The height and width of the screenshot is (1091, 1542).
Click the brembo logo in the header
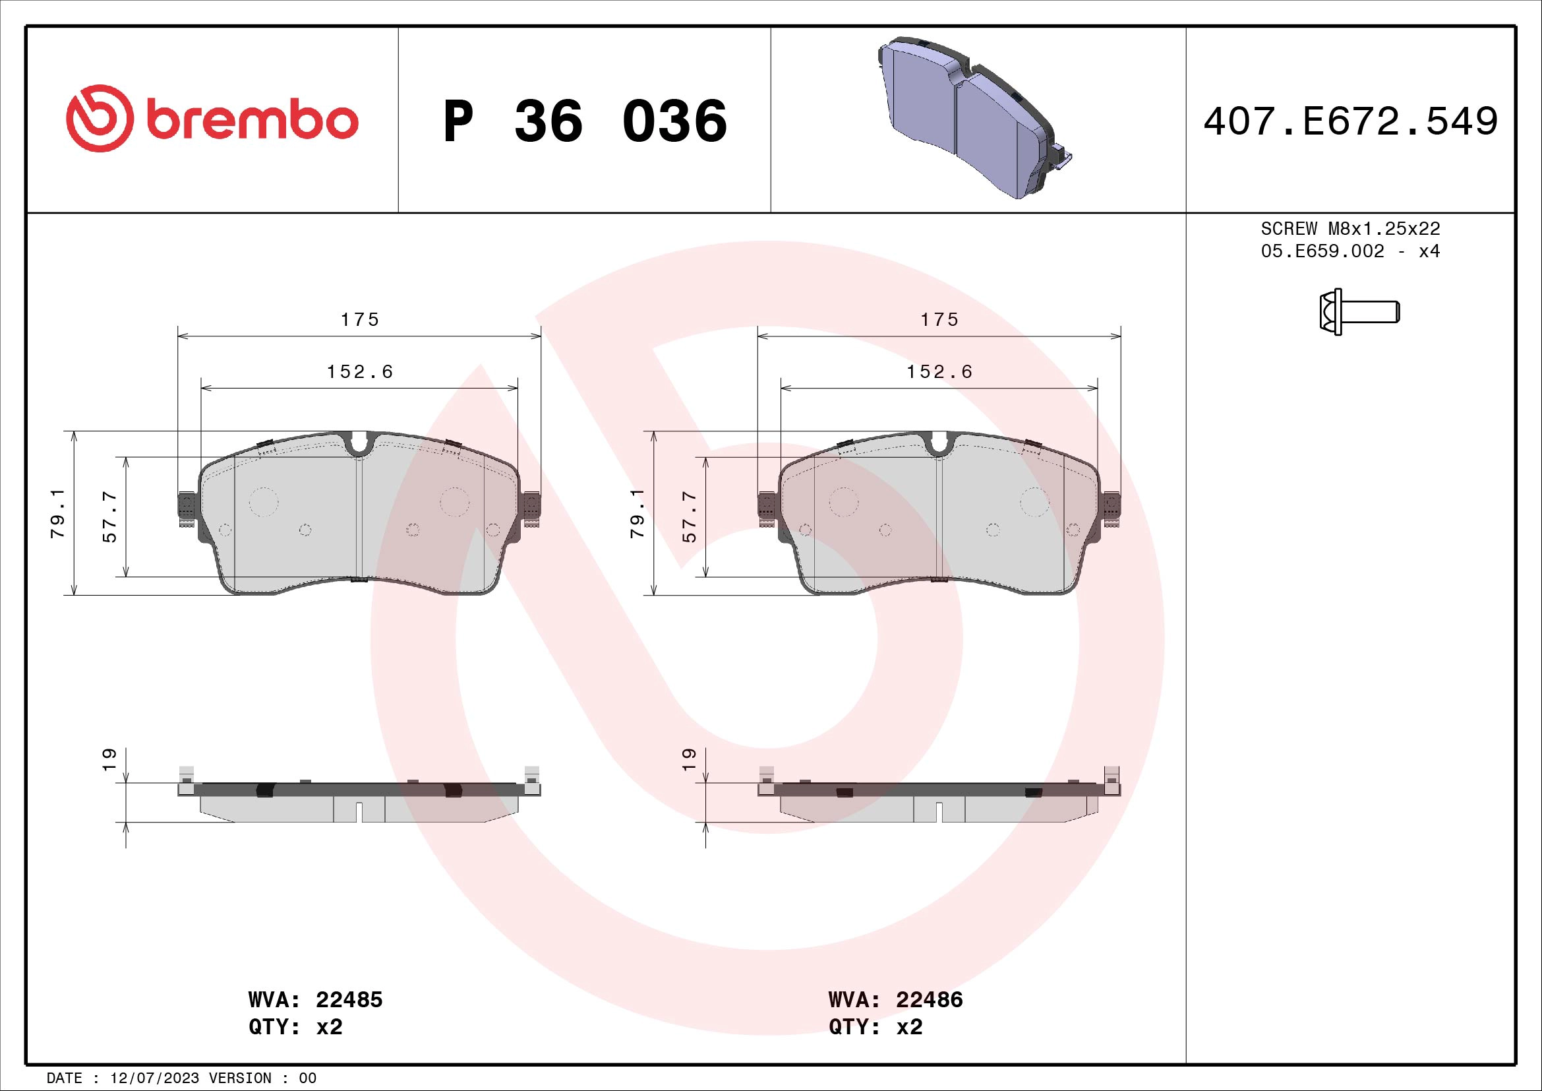tap(212, 119)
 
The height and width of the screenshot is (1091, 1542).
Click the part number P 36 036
tap(584, 121)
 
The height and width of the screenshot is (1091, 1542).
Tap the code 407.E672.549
tap(1350, 121)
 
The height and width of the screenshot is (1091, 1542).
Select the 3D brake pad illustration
tap(974, 117)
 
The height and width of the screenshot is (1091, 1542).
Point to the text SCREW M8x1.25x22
tap(1350, 228)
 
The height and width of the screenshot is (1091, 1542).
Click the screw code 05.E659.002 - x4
tap(1350, 251)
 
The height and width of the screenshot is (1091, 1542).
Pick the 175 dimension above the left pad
tap(360, 320)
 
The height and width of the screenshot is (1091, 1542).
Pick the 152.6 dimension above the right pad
tap(939, 371)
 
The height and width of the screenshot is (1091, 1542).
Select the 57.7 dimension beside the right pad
tap(689, 516)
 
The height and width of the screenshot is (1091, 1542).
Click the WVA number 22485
tap(349, 999)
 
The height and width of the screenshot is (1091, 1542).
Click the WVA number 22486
tap(929, 999)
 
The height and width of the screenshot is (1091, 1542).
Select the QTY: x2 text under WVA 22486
tap(875, 1027)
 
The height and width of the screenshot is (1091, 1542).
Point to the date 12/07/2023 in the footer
tap(154, 1078)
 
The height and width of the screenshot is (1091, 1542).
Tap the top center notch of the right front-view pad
tap(939, 444)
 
